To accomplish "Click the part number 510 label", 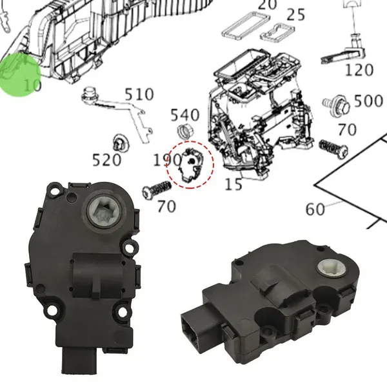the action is (x=139, y=94).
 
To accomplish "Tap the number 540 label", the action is (x=185, y=115).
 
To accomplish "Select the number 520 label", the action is (x=106, y=160).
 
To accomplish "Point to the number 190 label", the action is (x=167, y=160).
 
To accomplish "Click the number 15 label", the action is (x=233, y=184).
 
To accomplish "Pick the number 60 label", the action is (x=315, y=209).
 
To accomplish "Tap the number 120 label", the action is (x=359, y=70).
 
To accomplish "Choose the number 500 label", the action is (x=368, y=101).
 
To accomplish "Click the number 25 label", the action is (x=295, y=15).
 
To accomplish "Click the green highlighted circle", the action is (x=20, y=75).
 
